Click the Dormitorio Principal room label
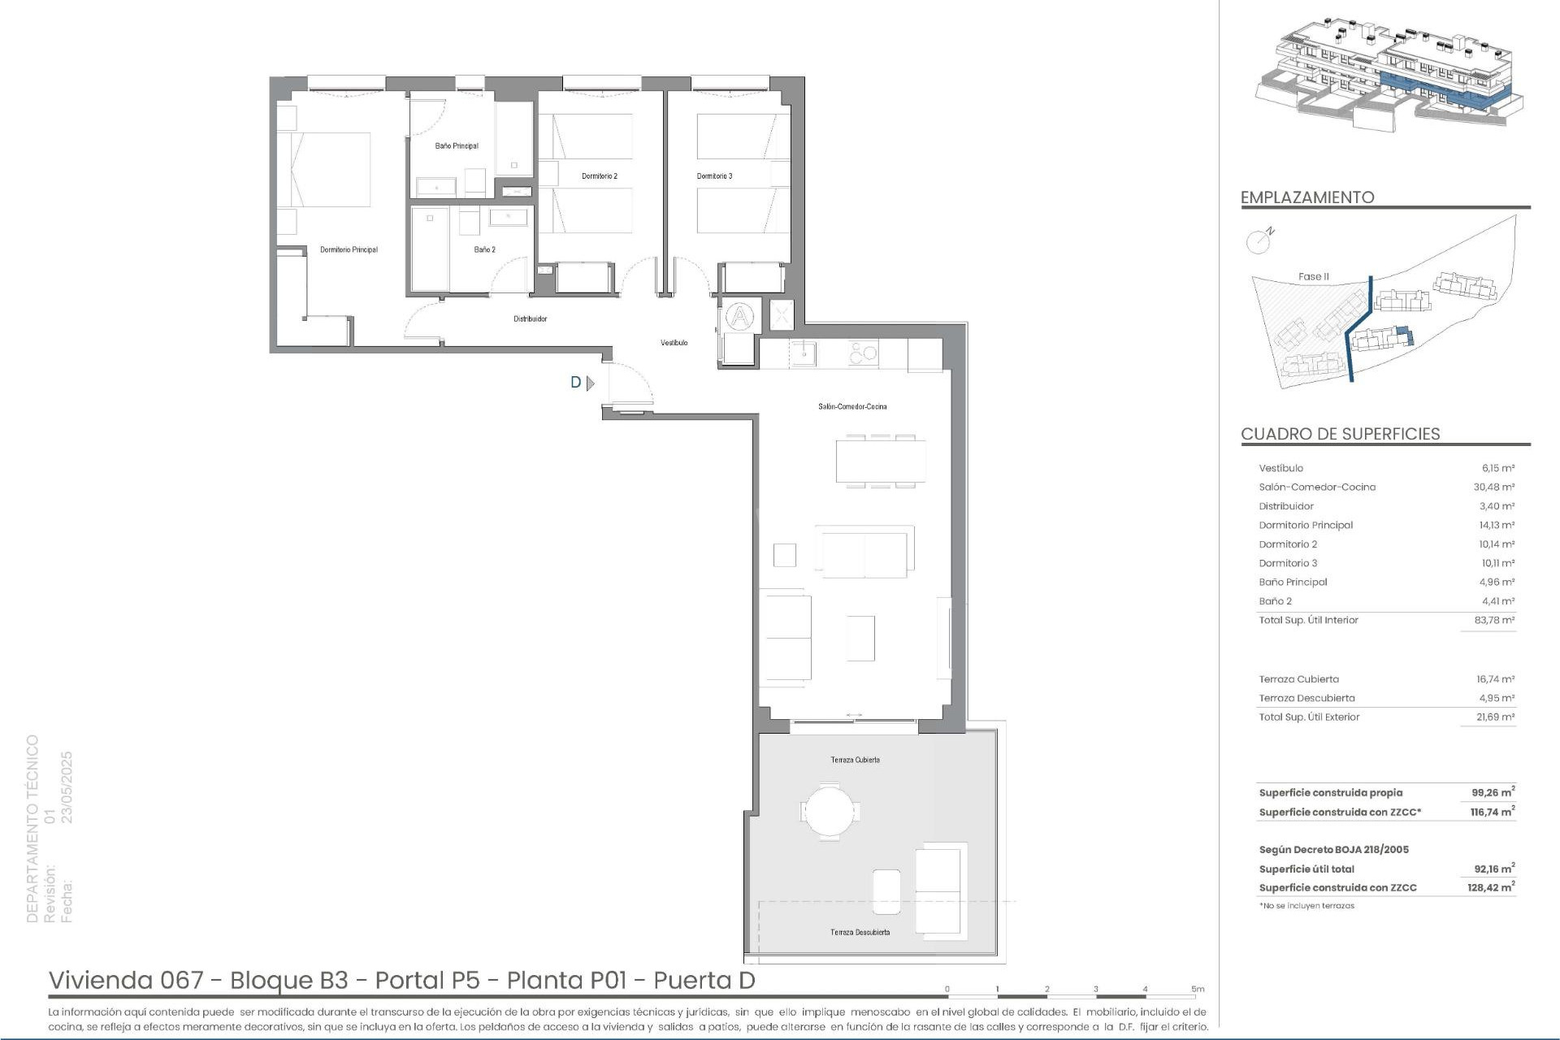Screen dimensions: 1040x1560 [x=349, y=250]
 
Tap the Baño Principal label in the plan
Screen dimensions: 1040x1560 [x=457, y=146]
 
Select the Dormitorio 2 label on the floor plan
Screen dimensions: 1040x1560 [x=600, y=176]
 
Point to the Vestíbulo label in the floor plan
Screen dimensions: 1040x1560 [x=674, y=343]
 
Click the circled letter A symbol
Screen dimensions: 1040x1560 [x=739, y=316]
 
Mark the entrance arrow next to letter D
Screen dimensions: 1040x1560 [x=591, y=383]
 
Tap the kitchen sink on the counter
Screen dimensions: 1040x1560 [x=805, y=353]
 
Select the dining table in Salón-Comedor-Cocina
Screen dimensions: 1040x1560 [x=881, y=461]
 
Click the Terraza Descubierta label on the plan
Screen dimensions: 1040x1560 [x=860, y=933]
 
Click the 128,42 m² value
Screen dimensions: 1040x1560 [x=1491, y=888]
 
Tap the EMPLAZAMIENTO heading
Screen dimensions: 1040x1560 [x=1307, y=197]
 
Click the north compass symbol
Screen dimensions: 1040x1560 [x=1259, y=240]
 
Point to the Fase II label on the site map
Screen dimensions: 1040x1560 [x=1313, y=277]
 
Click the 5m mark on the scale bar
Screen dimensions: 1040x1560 [x=1198, y=990]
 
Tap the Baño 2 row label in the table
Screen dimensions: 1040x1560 [x=1275, y=601]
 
